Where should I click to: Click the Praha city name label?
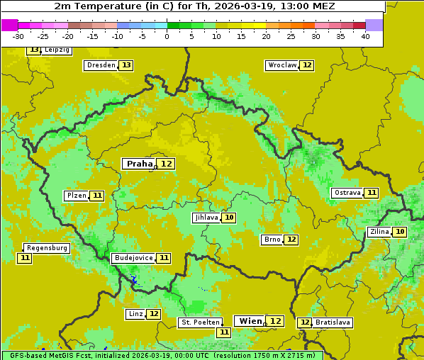tap(140, 164)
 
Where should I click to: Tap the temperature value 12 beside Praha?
tap(166, 164)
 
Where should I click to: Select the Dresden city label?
tap(100, 65)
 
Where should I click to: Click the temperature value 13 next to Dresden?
tap(126, 65)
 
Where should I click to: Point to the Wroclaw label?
tap(281, 65)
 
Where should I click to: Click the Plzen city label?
tap(76, 196)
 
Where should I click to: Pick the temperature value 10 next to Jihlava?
tap(229, 218)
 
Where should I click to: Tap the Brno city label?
tap(272, 240)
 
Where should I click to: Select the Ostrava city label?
tap(347, 193)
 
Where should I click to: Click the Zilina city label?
tap(379, 232)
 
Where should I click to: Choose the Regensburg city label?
tap(47, 248)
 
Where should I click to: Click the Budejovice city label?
tap(133, 258)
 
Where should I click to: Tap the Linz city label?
tap(135, 314)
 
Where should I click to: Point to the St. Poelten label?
tap(201, 322)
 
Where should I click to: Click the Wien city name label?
tap(250, 321)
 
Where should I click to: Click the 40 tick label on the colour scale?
tap(365, 36)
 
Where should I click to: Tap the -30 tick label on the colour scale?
tap(18, 36)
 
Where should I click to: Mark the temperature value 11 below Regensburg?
tap(25, 258)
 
